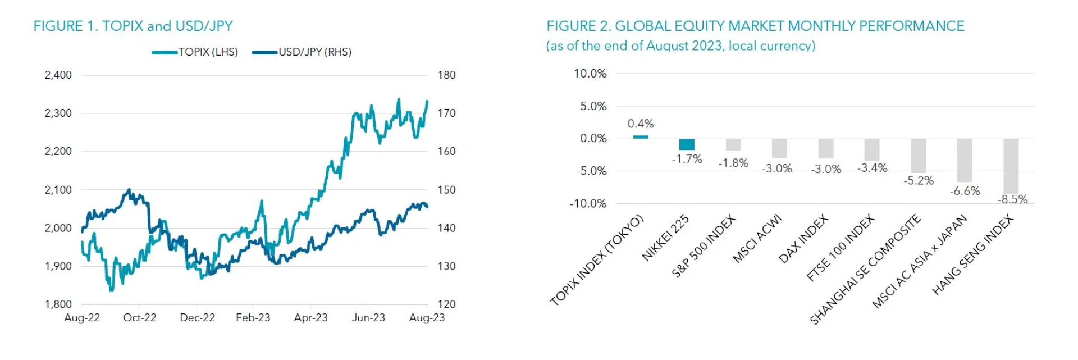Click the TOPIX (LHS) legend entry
(x=195, y=52)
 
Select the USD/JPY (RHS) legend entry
(x=302, y=52)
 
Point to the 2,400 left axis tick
(x=58, y=75)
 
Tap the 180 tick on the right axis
(x=446, y=75)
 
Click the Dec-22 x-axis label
(x=197, y=318)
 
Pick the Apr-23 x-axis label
(x=310, y=318)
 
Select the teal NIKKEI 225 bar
(x=687, y=144)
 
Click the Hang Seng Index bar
(x=1011, y=166)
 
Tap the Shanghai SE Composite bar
(x=918, y=156)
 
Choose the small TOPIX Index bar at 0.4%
(x=641, y=137)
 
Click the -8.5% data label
(x=1012, y=199)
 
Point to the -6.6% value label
(x=965, y=191)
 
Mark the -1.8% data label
(x=733, y=163)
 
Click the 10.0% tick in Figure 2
(x=590, y=74)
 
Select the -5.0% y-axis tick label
(x=591, y=171)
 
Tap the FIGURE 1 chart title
(x=133, y=26)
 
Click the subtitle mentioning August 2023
(x=680, y=46)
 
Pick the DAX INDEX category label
(x=803, y=239)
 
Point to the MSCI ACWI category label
(x=757, y=239)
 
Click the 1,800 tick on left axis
(x=58, y=304)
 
